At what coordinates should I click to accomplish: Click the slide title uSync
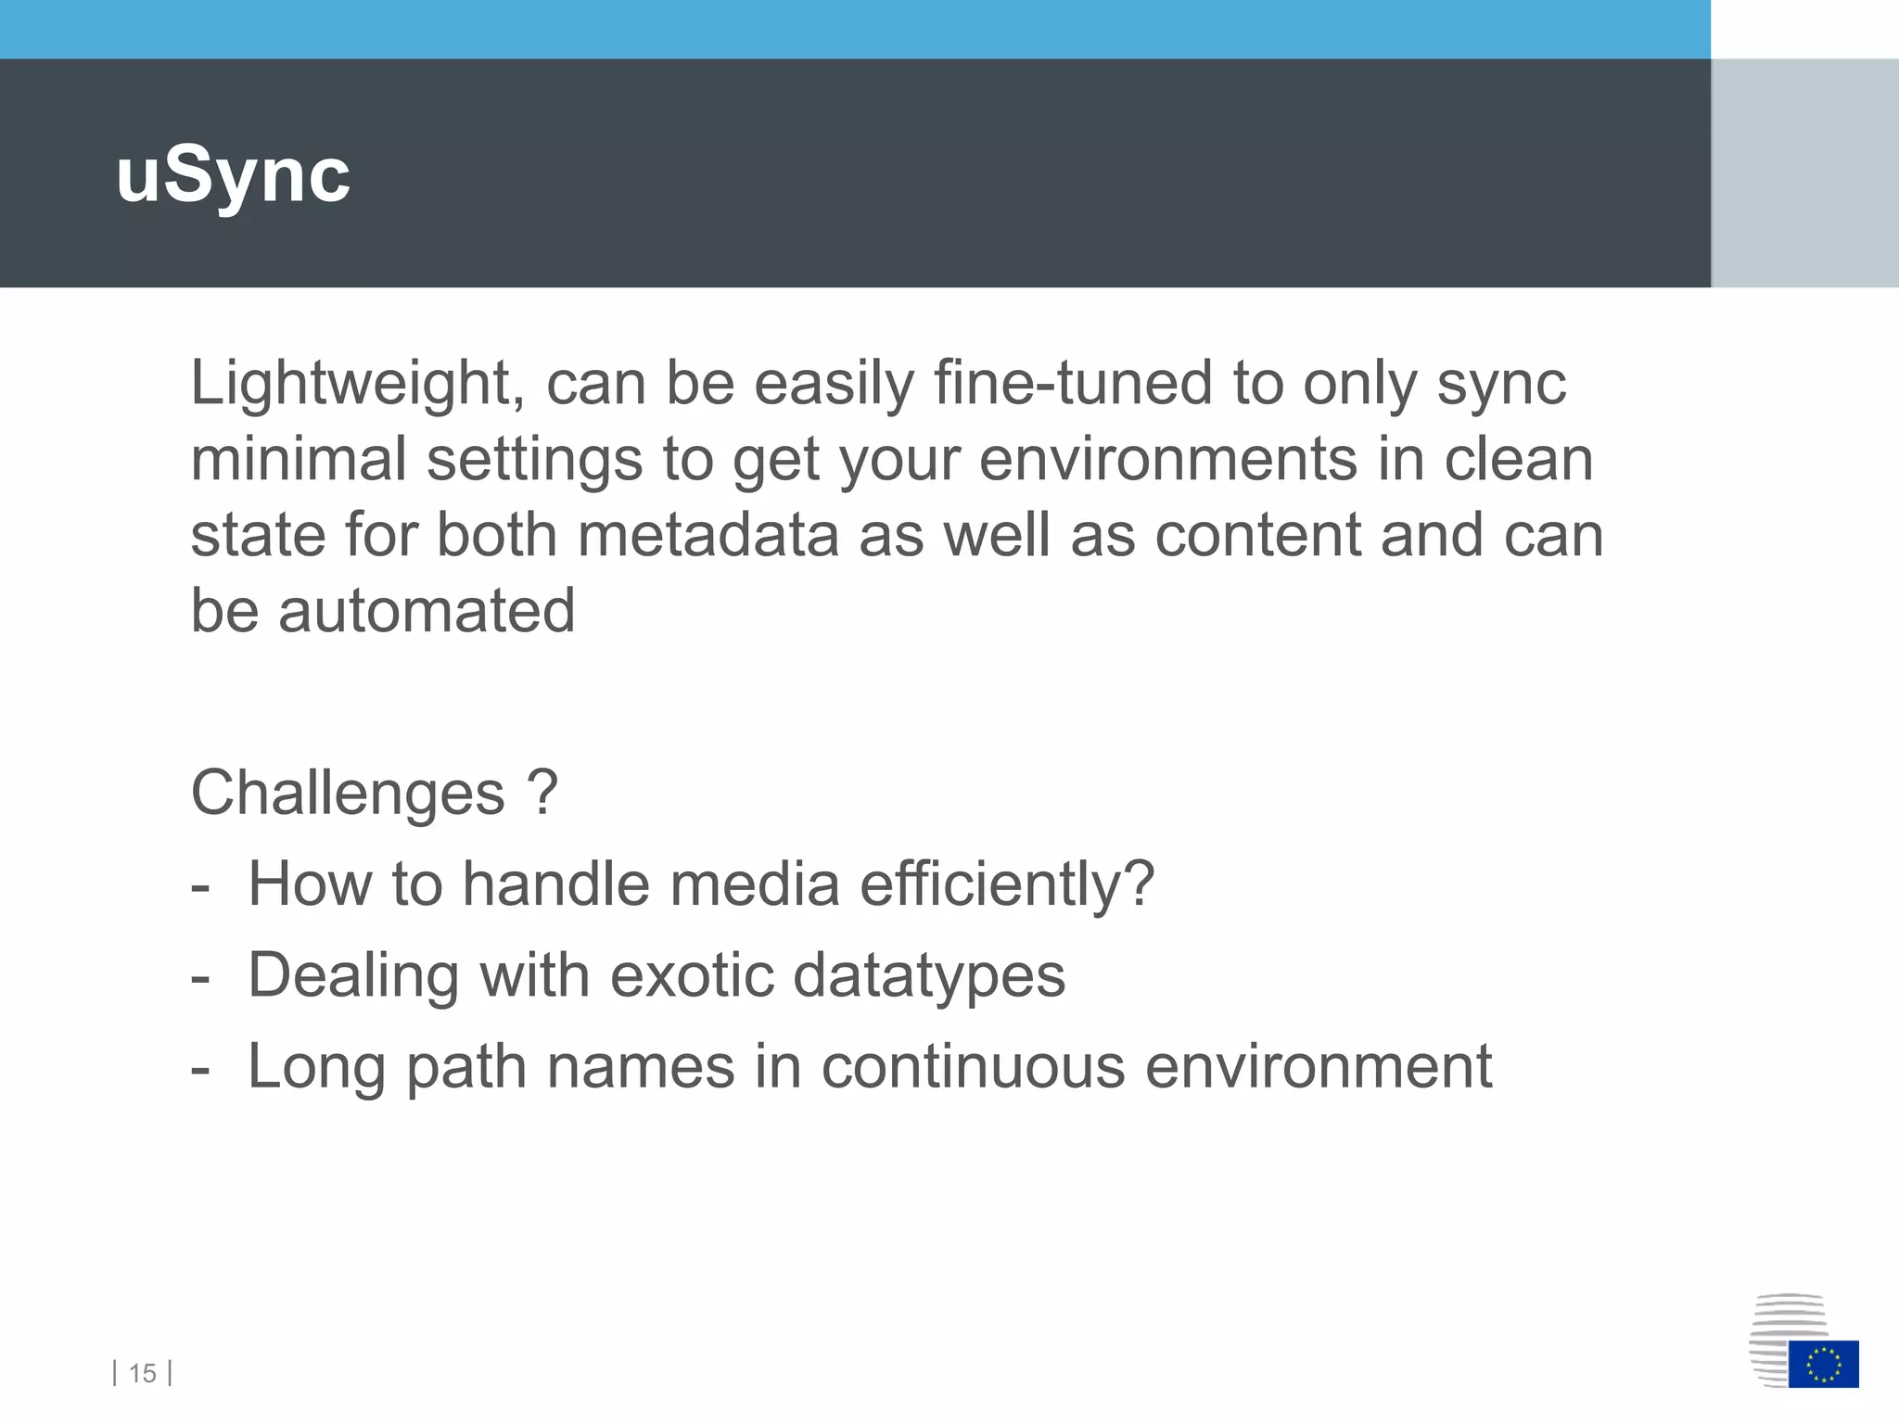coord(233,176)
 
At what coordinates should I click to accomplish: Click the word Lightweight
coord(357,384)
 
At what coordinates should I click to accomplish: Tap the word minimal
coord(299,460)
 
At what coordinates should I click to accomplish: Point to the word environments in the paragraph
coord(1167,460)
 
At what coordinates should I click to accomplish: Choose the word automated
coord(427,612)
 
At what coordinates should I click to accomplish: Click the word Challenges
coord(348,794)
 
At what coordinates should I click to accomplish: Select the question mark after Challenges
coord(542,794)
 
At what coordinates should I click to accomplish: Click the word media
coord(755,884)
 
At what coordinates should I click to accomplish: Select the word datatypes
coord(929,976)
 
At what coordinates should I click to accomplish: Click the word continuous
coord(973,1067)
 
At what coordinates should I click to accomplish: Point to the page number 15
coord(143,1373)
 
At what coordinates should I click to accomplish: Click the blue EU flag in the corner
coord(1823,1364)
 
